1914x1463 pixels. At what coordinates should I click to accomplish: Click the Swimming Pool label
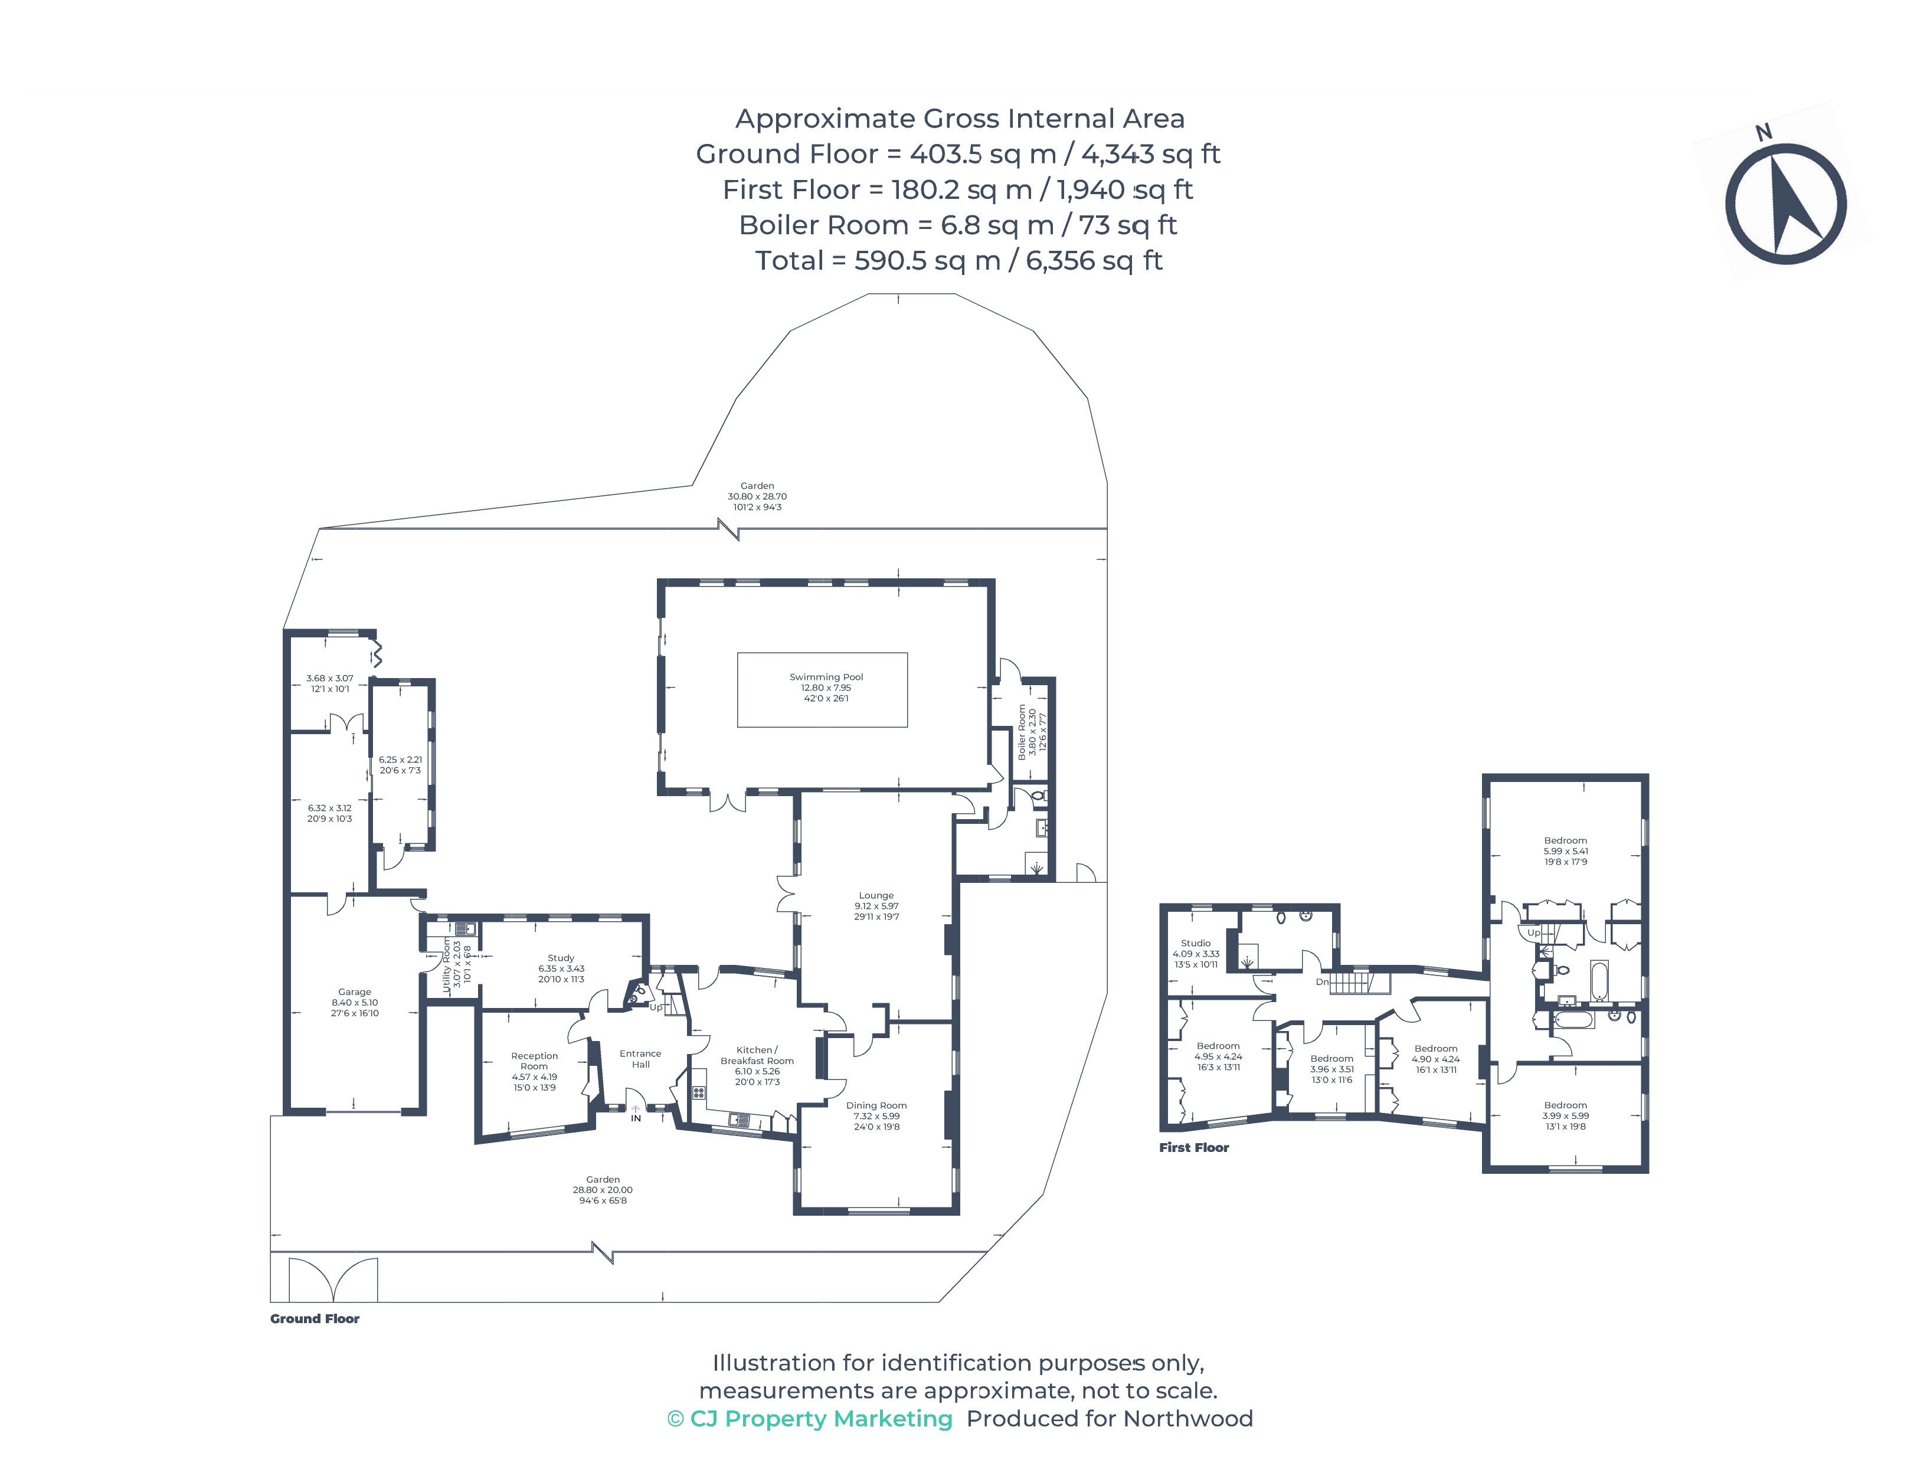tap(826, 677)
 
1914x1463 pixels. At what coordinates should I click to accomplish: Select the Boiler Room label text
tap(1022, 732)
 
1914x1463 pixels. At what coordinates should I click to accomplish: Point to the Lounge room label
tap(876, 895)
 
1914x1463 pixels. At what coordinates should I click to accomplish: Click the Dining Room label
tap(876, 1105)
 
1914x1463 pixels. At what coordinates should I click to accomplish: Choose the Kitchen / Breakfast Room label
tap(757, 1055)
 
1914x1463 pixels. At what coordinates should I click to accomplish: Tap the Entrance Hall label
tap(640, 1059)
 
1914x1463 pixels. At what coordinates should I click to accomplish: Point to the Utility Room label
tap(447, 964)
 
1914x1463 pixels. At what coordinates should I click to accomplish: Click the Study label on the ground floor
tap(561, 958)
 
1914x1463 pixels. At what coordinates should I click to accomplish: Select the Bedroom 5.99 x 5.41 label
tap(1565, 841)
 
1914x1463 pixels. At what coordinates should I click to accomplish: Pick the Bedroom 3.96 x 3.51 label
tap(1331, 1059)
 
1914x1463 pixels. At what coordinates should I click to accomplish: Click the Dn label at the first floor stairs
tap(1322, 982)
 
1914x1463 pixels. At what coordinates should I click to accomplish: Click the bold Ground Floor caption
tap(315, 1318)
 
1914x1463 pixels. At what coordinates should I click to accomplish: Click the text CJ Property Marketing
tap(820, 1419)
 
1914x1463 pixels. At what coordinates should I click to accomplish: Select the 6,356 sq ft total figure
tap(1094, 260)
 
